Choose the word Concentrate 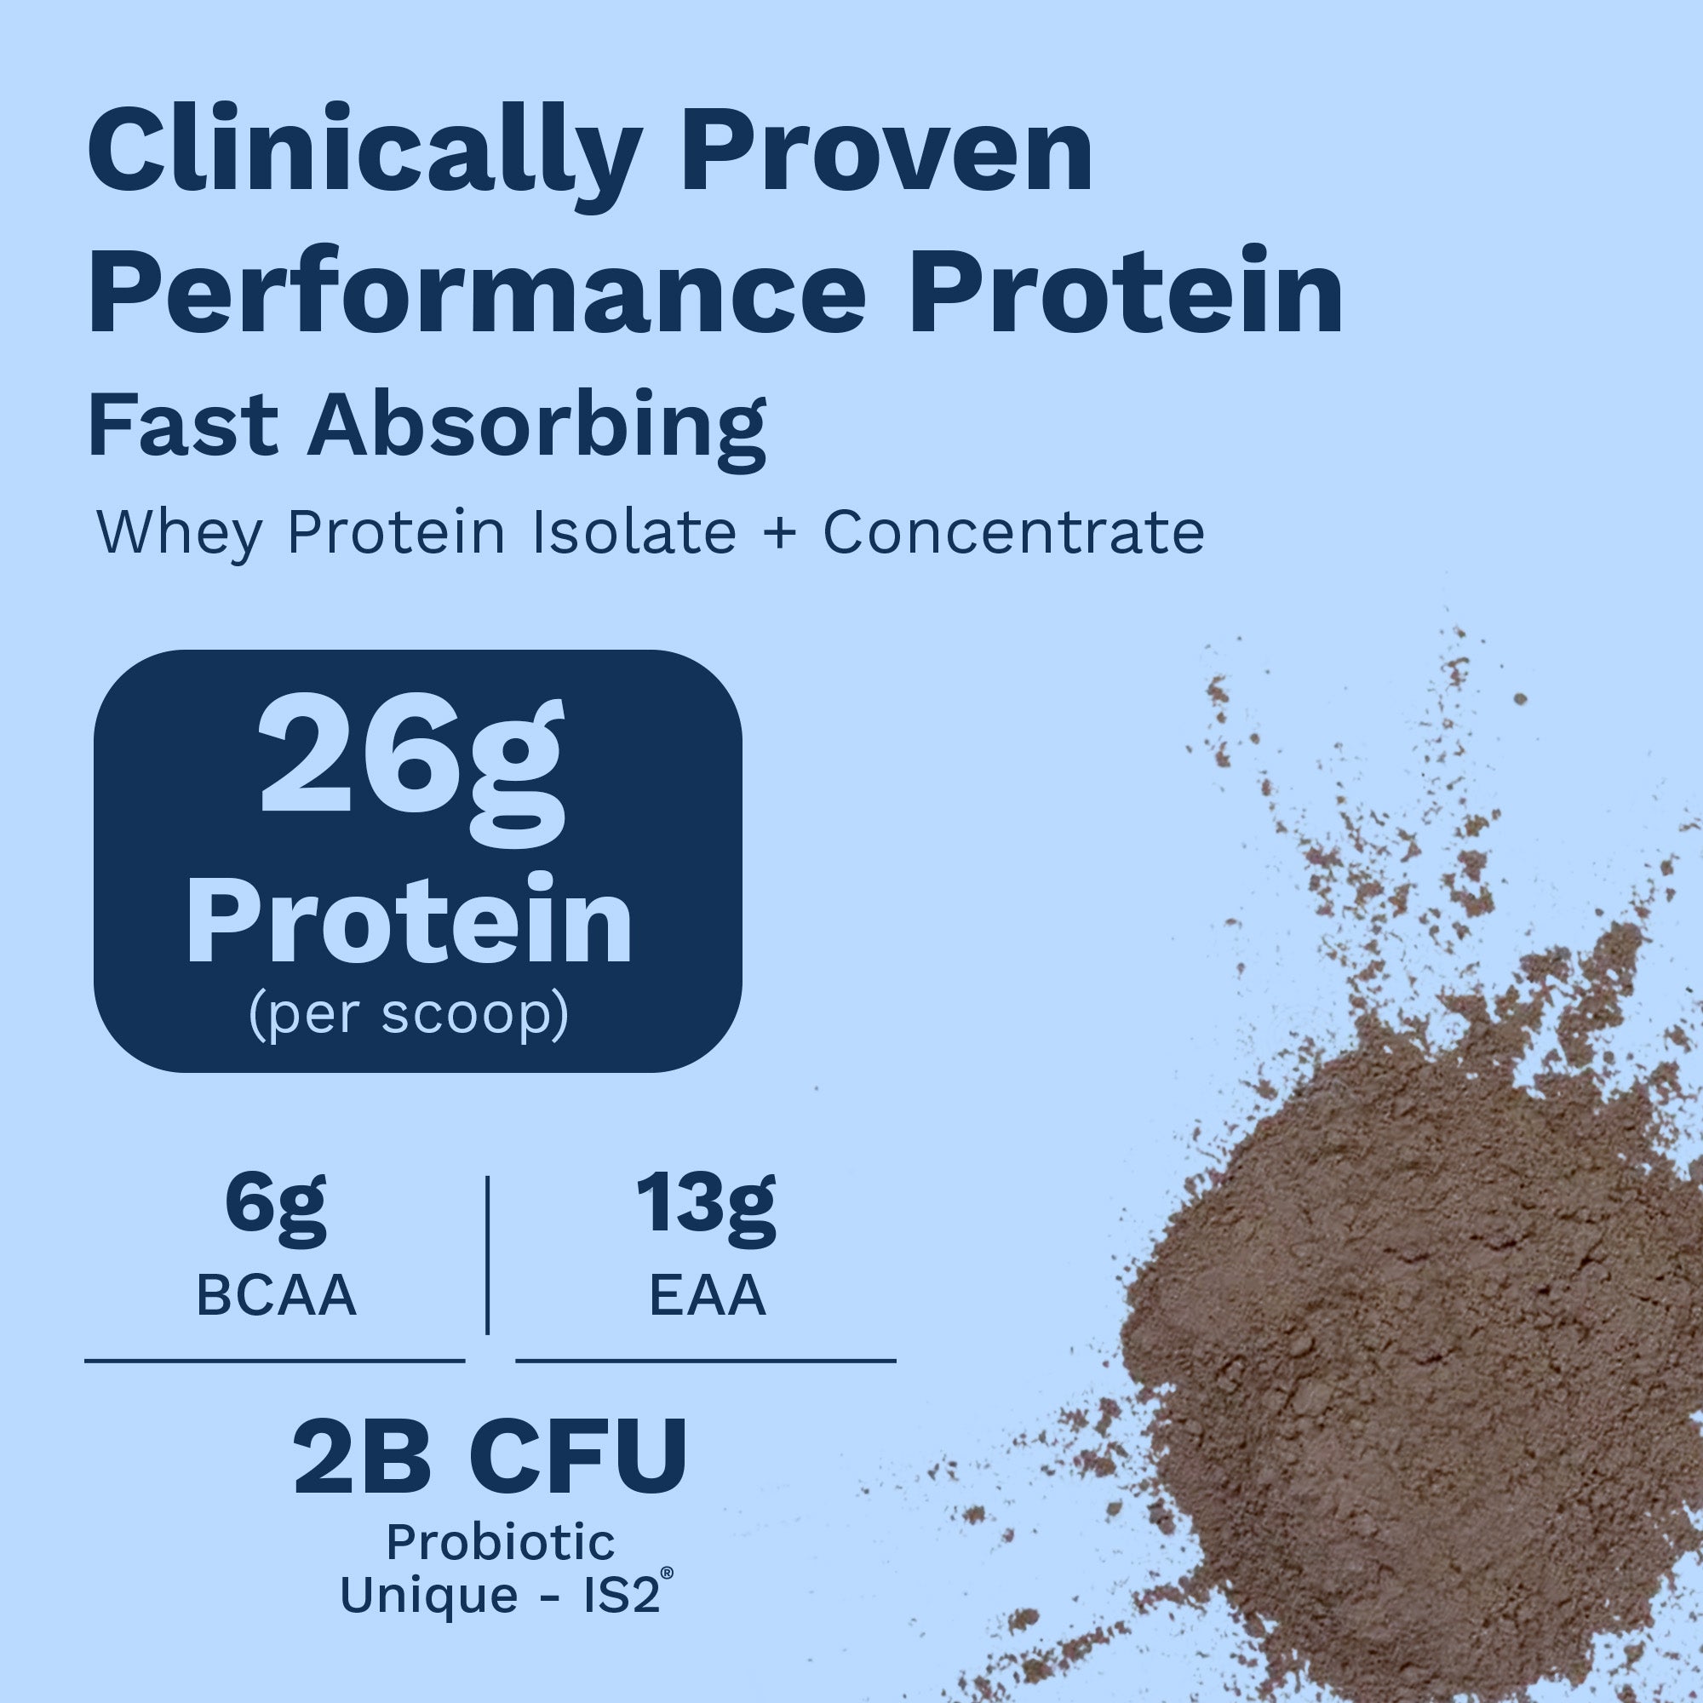coord(1013,532)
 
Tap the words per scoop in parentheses coord(409,1017)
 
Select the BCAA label coord(276,1296)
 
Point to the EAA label coord(708,1296)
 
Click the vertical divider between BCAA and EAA coord(487,1254)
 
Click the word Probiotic coord(501,1542)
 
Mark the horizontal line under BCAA coord(274,1361)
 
